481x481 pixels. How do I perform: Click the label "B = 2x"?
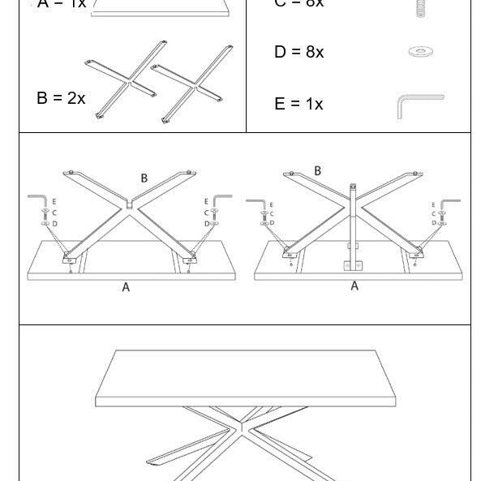click(x=61, y=98)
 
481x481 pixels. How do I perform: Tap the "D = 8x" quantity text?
click(x=298, y=52)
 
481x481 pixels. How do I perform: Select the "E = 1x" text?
click(x=298, y=104)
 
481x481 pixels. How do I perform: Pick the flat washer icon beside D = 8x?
click(x=420, y=52)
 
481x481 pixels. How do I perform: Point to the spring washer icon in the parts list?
click(x=419, y=7)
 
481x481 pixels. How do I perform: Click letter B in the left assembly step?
click(x=144, y=178)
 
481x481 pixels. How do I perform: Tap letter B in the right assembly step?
click(x=317, y=171)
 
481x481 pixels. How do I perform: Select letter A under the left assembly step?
click(x=126, y=287)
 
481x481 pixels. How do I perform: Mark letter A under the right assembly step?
click(x=354, y=286)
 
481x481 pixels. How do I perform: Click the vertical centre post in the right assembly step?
click(x=353, y=215)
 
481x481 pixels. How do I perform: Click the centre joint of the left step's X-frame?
click(x=130, y=205)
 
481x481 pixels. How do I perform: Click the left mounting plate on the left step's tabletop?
click(x=68, y=259)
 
